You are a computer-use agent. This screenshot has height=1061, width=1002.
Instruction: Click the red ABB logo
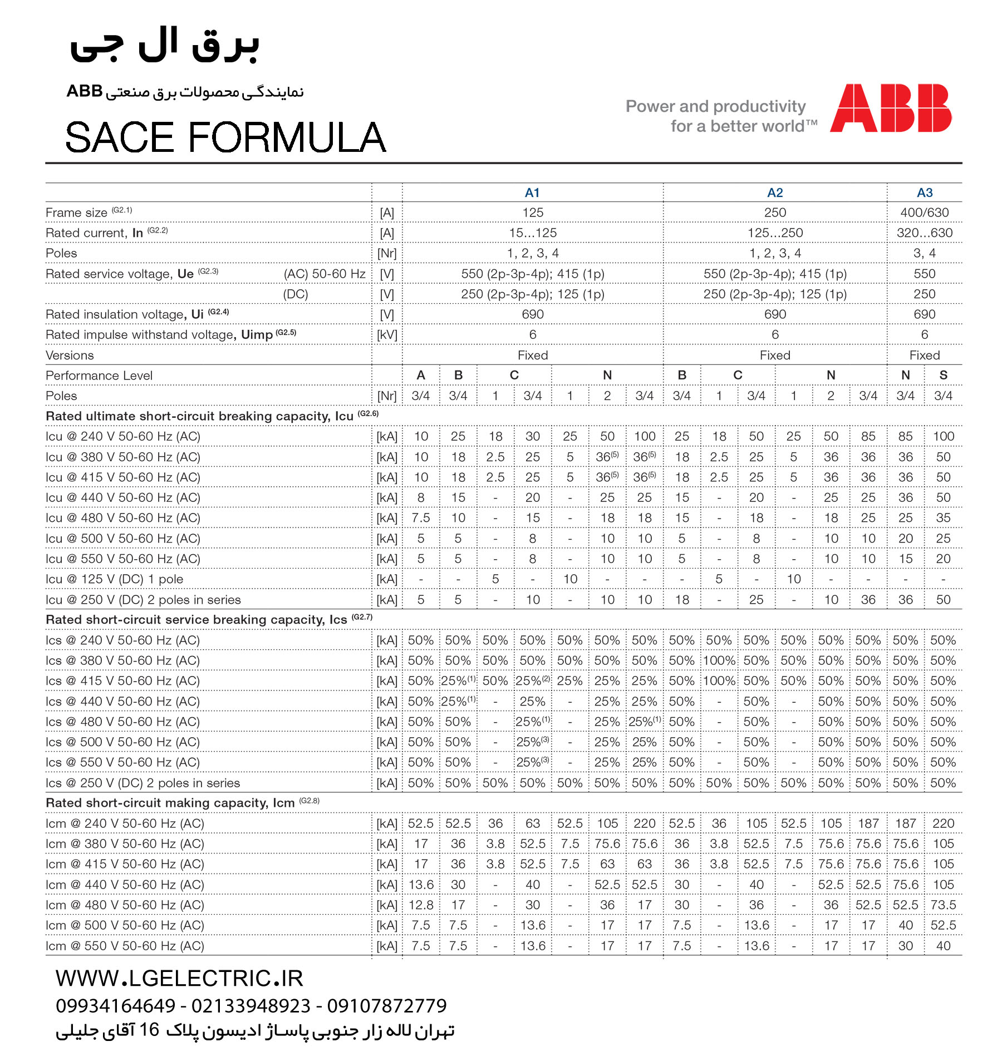pos(891,108)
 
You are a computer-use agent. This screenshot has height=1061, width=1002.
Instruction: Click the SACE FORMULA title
pos(225,137)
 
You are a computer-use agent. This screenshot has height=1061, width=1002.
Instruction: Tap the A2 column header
pos(775,193)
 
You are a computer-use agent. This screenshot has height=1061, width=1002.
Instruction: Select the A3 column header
pos(925,193)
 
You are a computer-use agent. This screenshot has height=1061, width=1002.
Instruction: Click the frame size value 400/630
pos(925,213)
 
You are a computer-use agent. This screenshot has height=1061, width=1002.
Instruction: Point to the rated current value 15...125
pos(533,233)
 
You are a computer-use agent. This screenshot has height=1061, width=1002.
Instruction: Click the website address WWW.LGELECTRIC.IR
pos(179,978)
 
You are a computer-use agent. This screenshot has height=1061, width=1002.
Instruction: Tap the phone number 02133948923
pos(251,1006)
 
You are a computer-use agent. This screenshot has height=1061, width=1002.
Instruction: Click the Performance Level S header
pos(943,375)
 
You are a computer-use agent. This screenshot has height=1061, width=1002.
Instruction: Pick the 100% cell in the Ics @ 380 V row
pos(719,660)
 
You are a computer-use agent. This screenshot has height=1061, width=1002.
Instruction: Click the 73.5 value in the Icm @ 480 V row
pos(943,905)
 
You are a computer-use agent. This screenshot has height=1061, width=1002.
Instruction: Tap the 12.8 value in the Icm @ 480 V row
pos(421,905)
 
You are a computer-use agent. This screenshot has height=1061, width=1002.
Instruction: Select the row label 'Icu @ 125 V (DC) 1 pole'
pos(114,579)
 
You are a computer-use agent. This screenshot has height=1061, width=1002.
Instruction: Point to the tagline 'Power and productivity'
pos(715,106)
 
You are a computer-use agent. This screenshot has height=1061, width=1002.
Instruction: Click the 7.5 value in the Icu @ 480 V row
pos(421,518)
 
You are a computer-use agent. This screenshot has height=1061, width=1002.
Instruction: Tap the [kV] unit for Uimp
pos(387,335)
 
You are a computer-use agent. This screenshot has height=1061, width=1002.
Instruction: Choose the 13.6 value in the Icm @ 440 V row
pos(421,885)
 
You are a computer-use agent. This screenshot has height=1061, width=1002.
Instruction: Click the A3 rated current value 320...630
pos(925,233)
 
